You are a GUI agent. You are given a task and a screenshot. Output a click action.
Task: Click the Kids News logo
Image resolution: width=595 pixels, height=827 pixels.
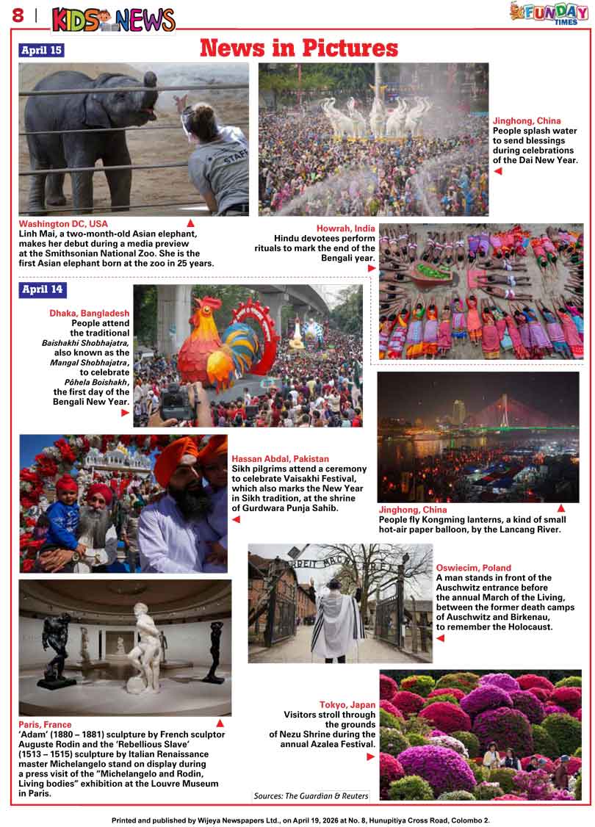[x=113, y=19]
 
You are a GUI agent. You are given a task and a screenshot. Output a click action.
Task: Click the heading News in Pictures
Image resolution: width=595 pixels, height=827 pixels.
[x=299, y=48]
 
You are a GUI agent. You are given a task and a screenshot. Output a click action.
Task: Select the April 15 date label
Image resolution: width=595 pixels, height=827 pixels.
[x=41, y=51]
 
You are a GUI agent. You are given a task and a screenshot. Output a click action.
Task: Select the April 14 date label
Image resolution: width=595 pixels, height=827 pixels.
[x=43, y=289]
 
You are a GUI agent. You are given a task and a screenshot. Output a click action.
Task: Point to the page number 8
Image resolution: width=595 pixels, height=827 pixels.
[x=18, y=15]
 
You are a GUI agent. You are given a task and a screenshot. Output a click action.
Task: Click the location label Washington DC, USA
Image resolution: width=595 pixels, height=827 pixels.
[x=63, y=224]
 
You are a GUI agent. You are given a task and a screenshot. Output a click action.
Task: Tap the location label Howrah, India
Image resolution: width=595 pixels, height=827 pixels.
[x=345, y=228]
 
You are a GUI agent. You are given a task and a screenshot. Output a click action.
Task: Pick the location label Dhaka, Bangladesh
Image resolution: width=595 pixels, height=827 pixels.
[x=89, y=313]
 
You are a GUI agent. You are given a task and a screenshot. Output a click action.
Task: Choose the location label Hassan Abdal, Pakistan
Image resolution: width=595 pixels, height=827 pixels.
[x=280, y=459]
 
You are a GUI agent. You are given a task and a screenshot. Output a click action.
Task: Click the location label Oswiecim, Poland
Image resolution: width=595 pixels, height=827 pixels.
[x=473, y=568]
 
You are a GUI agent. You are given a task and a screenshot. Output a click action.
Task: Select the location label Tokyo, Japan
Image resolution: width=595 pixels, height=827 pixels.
[x=347, y=704]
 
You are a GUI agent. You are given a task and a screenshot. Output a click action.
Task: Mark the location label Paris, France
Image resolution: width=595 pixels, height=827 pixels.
[x=45, y=724]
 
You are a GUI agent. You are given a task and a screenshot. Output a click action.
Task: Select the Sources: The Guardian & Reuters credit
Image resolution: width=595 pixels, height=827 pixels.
[x=311, y=796]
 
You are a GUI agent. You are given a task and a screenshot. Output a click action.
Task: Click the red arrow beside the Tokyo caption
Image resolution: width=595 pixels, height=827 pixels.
[x=371, y=756]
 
